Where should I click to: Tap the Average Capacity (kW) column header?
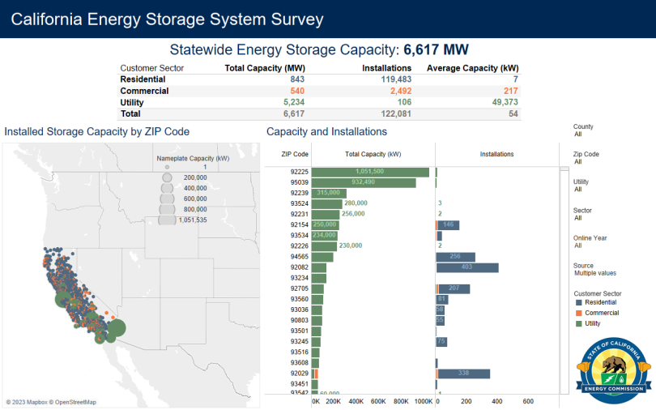472,68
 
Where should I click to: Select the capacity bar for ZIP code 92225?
370,172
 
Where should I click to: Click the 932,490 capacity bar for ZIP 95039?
364,182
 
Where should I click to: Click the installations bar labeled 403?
466,267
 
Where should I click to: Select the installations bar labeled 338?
462,374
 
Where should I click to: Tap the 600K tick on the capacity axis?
378,401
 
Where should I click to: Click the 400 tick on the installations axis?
496,401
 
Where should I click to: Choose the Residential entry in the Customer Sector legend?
600,301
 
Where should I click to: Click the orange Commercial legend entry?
601,312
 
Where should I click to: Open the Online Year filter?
590,241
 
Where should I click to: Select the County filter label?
583,126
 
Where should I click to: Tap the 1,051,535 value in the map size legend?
192,220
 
